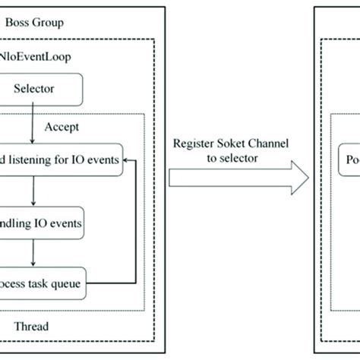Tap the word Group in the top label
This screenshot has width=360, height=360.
click(70, 23)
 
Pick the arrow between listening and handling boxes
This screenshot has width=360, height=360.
click(31, 193)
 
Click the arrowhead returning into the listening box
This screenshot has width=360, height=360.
click(130, 159)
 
